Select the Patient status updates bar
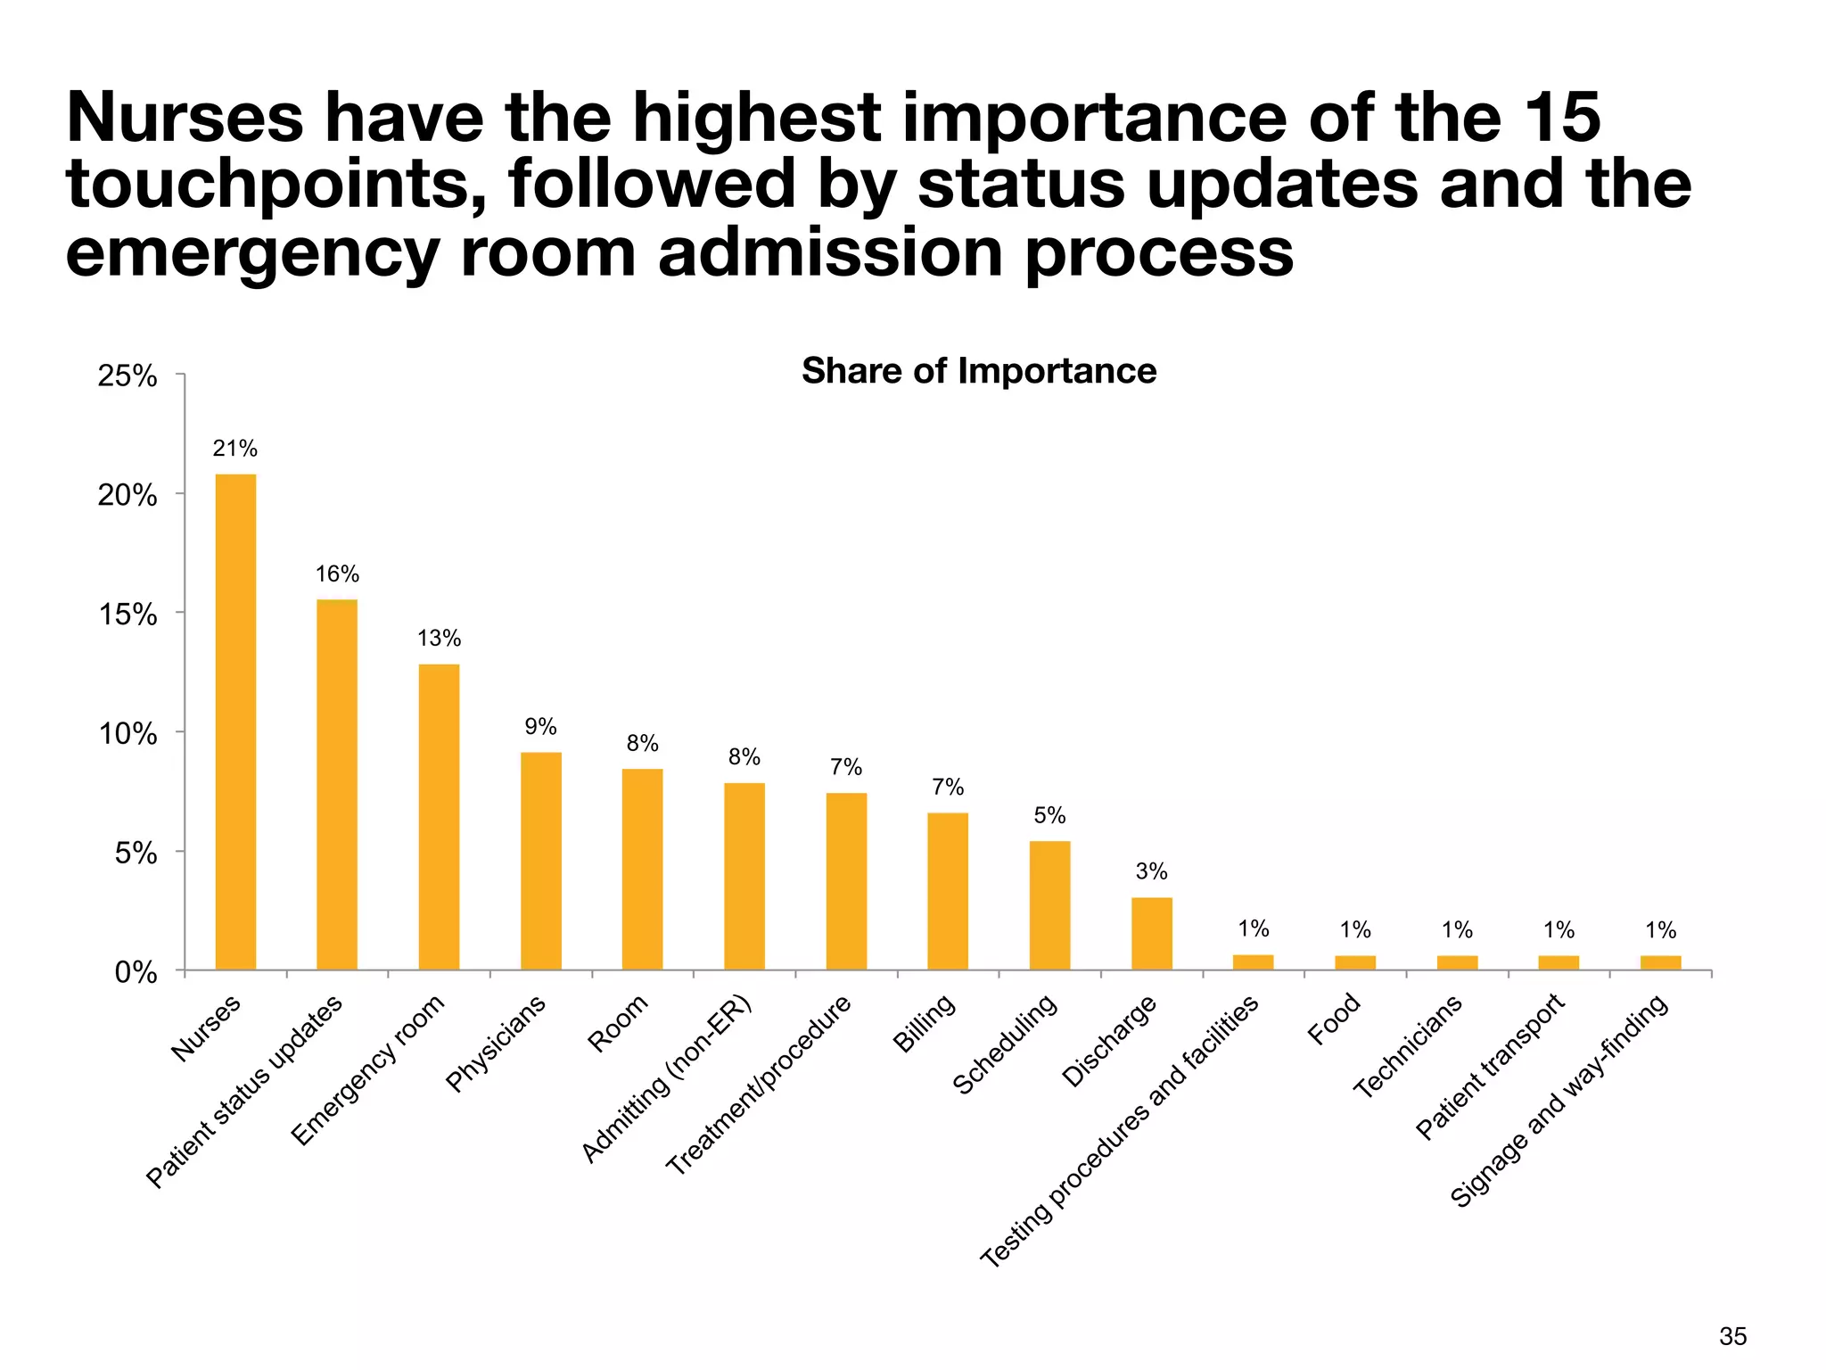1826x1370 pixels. click(x=337, y=784)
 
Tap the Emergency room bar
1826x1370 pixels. click(x=439, y=816)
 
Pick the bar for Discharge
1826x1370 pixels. click(x=1151, y=933)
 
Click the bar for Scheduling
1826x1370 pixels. click(x=1049, y=904)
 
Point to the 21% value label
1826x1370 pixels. click(x=234, y=449)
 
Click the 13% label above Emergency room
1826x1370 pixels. click(x=439, y=639)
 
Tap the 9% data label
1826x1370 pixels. click(x=540, y=727)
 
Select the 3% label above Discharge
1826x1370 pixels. click(x=1151, y=871)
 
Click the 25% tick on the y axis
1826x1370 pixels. click(x=127, y=376)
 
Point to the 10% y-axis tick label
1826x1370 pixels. click(x=127, y=735)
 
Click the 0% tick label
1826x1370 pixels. click(x=136, y=973)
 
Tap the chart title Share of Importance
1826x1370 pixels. click(x=978, y=371)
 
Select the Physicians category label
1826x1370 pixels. click(x=496, y=1044)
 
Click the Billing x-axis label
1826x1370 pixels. click(x=924, y=1023)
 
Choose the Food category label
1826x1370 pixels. click(x=1334, y=1019)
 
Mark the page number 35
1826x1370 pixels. click(x=1732, y=1336)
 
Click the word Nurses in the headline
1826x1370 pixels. click(x=185, y=119)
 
